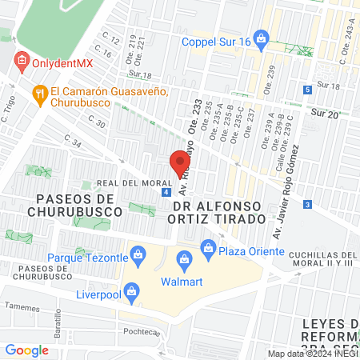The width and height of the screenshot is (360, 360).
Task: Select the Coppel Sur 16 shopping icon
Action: point(172,42)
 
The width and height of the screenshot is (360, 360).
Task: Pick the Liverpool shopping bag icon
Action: point(132,290)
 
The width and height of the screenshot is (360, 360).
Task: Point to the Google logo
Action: point(26,350)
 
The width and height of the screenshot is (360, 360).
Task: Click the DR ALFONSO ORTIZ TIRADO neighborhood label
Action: point(218,212)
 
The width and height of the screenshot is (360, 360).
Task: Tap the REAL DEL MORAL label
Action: point(130,183)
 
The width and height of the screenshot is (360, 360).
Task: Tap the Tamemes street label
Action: point(21,307)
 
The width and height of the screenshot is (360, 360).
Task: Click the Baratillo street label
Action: point(58,325)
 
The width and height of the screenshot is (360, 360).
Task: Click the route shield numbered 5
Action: point(308,90)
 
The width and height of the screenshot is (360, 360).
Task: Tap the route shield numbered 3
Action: point(308,206)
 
